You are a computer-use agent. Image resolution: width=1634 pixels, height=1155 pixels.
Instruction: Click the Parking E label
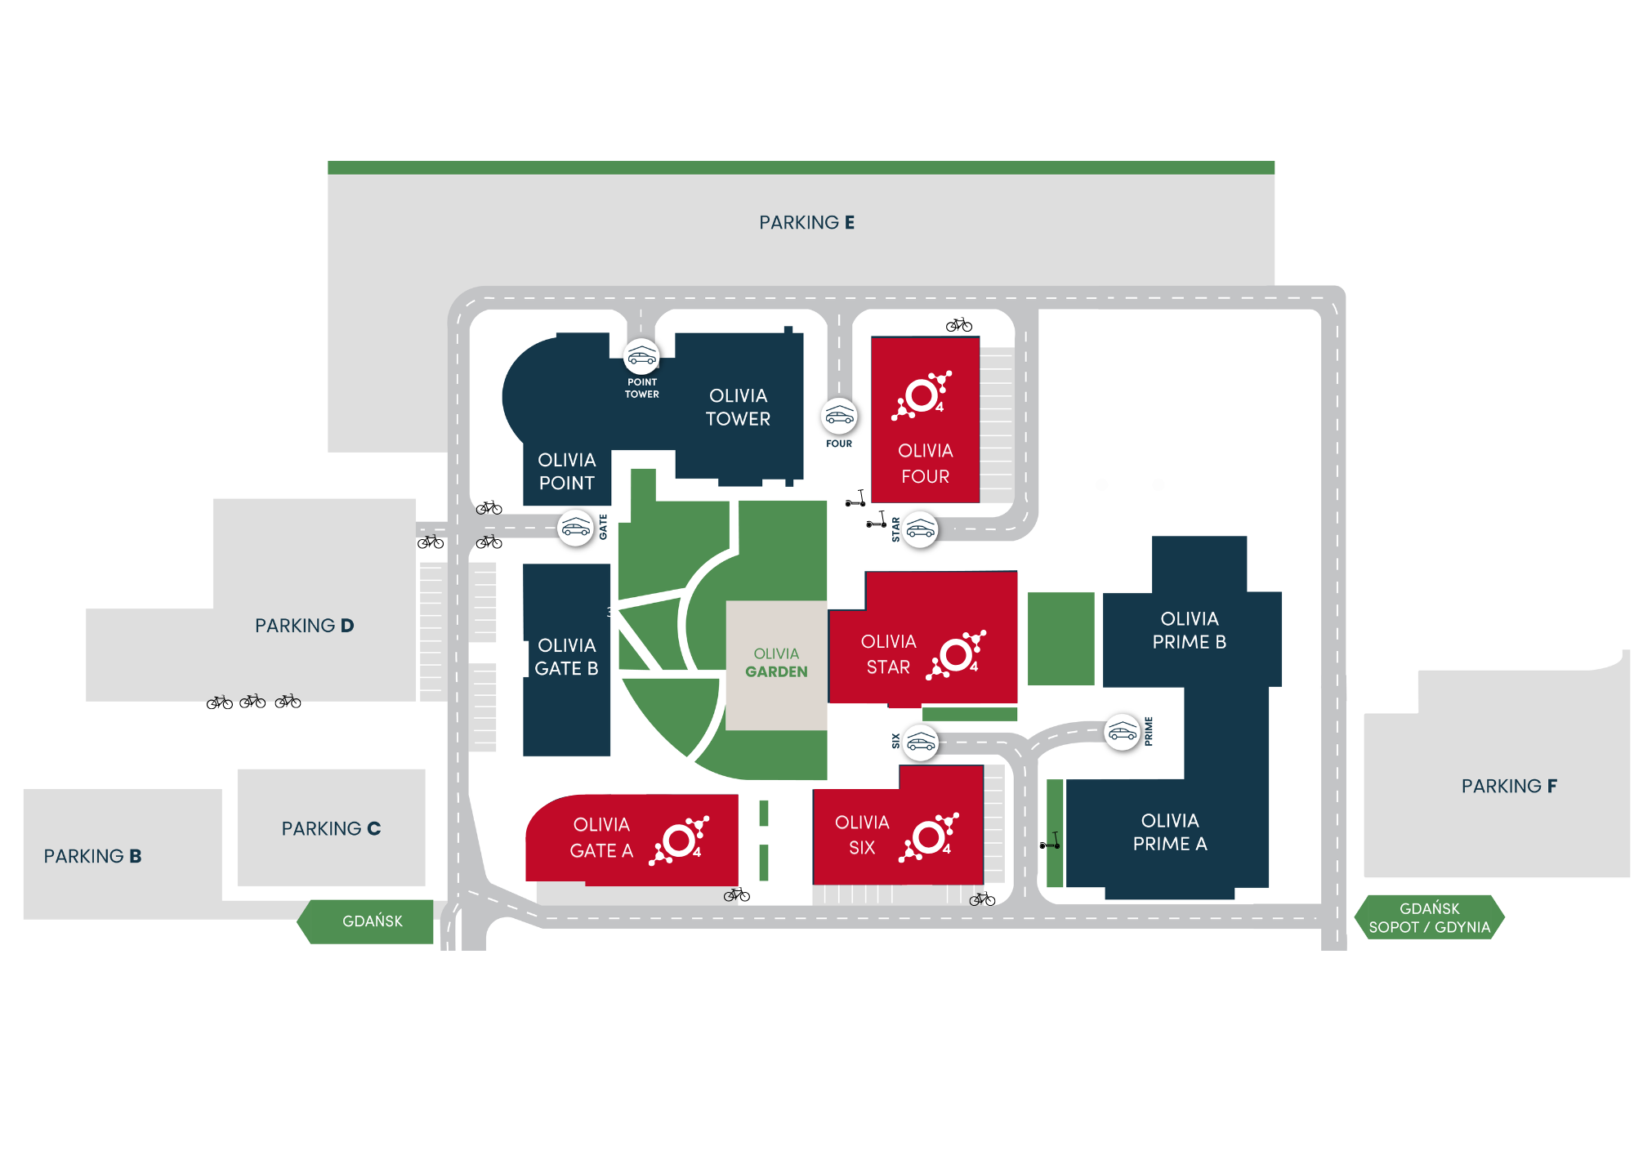pyautogui.click(x=806, y=223)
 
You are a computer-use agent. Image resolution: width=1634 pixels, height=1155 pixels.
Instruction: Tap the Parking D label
pyautogui.click(x=304, y=626)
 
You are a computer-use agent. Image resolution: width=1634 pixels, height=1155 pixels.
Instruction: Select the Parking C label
pyautogui.click(x=331, y=828)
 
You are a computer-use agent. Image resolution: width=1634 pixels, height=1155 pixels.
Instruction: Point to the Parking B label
pyautogui.click(x=92, y=856)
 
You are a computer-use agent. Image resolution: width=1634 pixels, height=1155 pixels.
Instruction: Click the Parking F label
pyautogui.click(x=1509, y=786)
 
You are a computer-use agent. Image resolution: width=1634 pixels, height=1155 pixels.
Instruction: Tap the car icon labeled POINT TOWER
pyautogui.click(x=641, y=357)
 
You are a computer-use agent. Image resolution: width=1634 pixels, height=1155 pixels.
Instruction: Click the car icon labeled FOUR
pyautogui.click(x=839, y=416)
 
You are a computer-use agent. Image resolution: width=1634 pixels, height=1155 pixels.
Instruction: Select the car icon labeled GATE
pyautogui.click(x=575, y=528)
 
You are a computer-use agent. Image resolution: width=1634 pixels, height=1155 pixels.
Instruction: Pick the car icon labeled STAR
pyautogui.click(x=921, y=531)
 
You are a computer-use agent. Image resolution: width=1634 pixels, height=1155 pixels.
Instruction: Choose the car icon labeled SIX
pyautogui.click(x=921, y=743)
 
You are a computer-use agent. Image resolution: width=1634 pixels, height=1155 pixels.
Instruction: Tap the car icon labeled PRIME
pyautogui.click(x=1122, y=732)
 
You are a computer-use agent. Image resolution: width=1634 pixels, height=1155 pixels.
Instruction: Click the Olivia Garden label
pyautogui.click(x=776, y=662)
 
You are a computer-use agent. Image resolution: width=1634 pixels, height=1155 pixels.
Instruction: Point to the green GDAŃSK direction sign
pyautogui.click(x=372, y=921)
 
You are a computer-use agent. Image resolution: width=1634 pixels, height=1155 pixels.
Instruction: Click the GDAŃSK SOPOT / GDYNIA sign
pyautogui.click(x=1430, y=918)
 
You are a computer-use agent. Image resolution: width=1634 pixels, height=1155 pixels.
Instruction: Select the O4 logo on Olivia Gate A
pyautogui.click(x=680, y=840)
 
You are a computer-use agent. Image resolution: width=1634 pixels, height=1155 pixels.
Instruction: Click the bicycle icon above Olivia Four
pyautogui.click(x=959, y=325)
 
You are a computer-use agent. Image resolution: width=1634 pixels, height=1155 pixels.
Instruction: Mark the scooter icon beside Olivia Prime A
pyautogui.click(x=1051, y=841)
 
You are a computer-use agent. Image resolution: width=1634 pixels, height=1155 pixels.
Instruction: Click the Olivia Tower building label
pyautogui.click(x=738, y=407)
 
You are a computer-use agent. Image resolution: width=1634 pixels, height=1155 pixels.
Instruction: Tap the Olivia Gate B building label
pyautogui.click(x=566, y=657)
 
